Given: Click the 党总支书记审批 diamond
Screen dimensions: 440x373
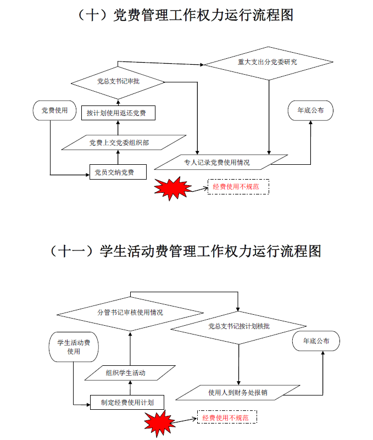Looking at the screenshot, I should pyautogui.click(x=118, y=82).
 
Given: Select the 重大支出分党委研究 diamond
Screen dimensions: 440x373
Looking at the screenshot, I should pyautogui.click(x=268, y=62).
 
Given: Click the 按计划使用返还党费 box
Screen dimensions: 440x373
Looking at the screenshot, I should pyautogui.click(x=118, y=113).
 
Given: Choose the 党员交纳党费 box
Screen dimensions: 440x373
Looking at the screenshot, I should pyautogui.click(x=118, y=172).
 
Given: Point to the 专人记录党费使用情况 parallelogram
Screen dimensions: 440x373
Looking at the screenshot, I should pyautogui.click(x=221, y=162).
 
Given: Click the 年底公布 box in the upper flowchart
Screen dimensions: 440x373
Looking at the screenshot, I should pyautogui.click(x=311, y=110).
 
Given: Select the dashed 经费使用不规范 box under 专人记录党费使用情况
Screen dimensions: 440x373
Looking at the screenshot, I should pyautogui.click(x=237, y=187).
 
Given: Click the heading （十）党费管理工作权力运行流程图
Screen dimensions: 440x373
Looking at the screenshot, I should pyautogui.click(x=186, y=15).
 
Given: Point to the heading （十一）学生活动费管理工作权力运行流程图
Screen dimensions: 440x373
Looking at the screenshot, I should pyautogui.click(x=186, y=251).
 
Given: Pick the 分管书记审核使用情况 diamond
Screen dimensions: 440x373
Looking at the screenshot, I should pyautogui.click(x=130, y=313).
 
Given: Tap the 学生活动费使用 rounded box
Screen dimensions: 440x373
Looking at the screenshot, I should pyautogui.click(x=74, y=347).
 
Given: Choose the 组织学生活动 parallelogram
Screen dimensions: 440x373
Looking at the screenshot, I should pyautogui.click(x=131, y=373).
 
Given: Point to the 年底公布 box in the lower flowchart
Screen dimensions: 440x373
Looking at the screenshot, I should pyautogui.click(x=316, y=341).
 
